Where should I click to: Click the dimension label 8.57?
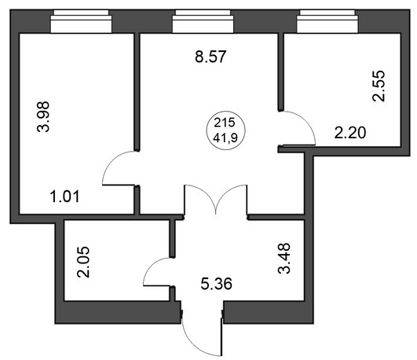pyautogui.click(x=210, y=57)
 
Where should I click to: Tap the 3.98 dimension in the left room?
pyautogui.click(x=43, y=116)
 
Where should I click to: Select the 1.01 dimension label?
pyautogui.click(x=65, y=197)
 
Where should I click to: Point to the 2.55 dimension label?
pyautogui.click(x=379, y=86)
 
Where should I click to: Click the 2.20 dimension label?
pyautogui.click(x=350, y=133)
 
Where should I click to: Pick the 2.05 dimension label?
pyautogui.click(x=83, y=263)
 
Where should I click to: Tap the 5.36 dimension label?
pyautogui.click(x=216, y=283)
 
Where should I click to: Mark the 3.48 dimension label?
pyautogui.click(x=284, y=259)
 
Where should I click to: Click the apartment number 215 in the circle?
pyautogui.click(x=225, y=123)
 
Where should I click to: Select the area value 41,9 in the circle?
pyautogui.click(x=225, y=138)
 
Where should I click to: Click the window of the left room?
pyautogui.click(x=81, y=21)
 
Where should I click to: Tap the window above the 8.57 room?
pyautogui.click(x=203, y=21)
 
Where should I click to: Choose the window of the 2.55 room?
pyautogui.click(x=327, y=21)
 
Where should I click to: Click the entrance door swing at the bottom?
pyautogui.click(x=192, y=345)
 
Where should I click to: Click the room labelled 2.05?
pyautogui.click(x=116, y=260)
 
